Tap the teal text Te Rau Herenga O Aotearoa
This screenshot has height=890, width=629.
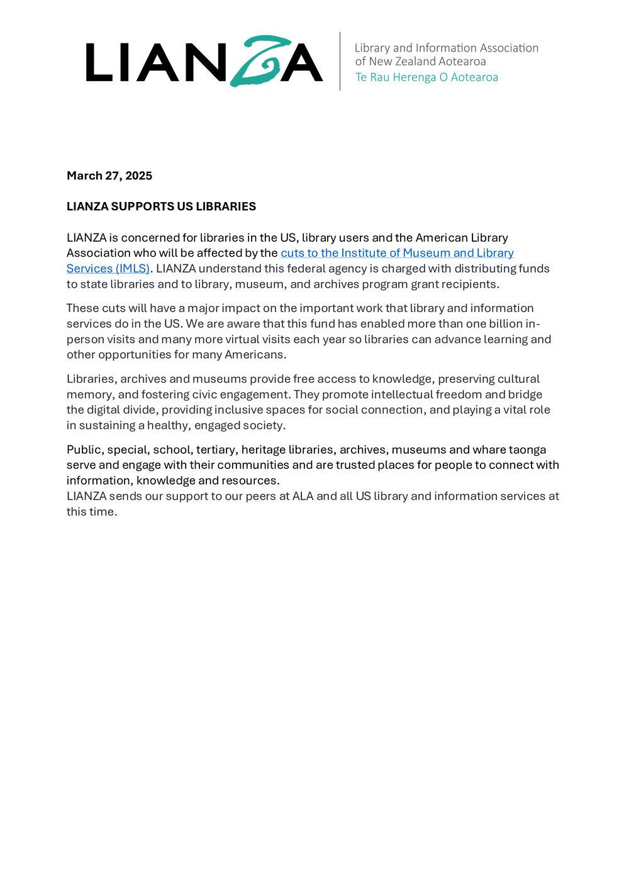point(426,77)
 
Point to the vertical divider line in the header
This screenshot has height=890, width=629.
point(340,61)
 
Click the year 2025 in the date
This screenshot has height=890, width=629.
point(138,176)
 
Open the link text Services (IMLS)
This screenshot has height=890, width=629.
point(108,269)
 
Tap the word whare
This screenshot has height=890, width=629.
point(489,450)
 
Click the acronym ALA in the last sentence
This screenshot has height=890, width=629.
point(303,496)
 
